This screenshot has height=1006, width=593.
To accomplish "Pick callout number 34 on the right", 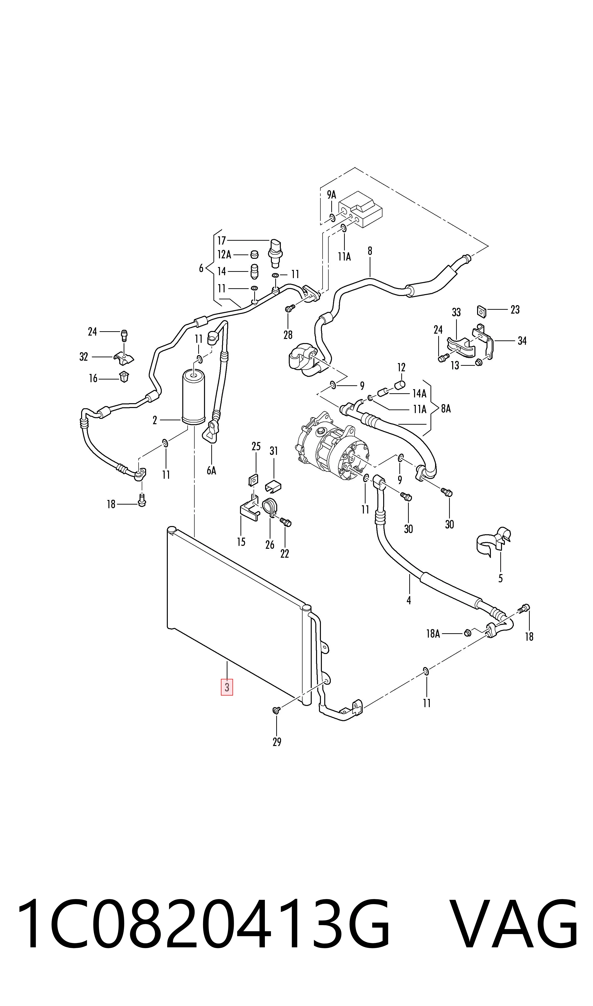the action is pyautogui.click(x=522, y=341).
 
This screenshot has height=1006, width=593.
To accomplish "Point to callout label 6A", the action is pyautogui.click(x=211, y=471).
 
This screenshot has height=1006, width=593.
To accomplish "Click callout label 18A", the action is pyautogui.click(x=433, y=634).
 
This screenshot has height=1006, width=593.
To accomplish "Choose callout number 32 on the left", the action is pyautogui.click(x=84, y=356).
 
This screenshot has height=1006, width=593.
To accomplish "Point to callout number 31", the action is pyautogui.click(x=274, y=451).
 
